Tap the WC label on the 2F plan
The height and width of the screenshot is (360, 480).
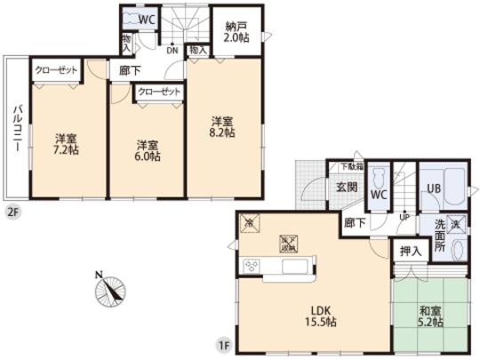click(x=148, y=18)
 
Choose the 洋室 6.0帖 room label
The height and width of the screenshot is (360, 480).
click(x=147, y=150)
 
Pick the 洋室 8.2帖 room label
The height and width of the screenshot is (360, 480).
click(x=222, y=125)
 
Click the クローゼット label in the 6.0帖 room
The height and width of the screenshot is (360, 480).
click(x=159, y=92)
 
